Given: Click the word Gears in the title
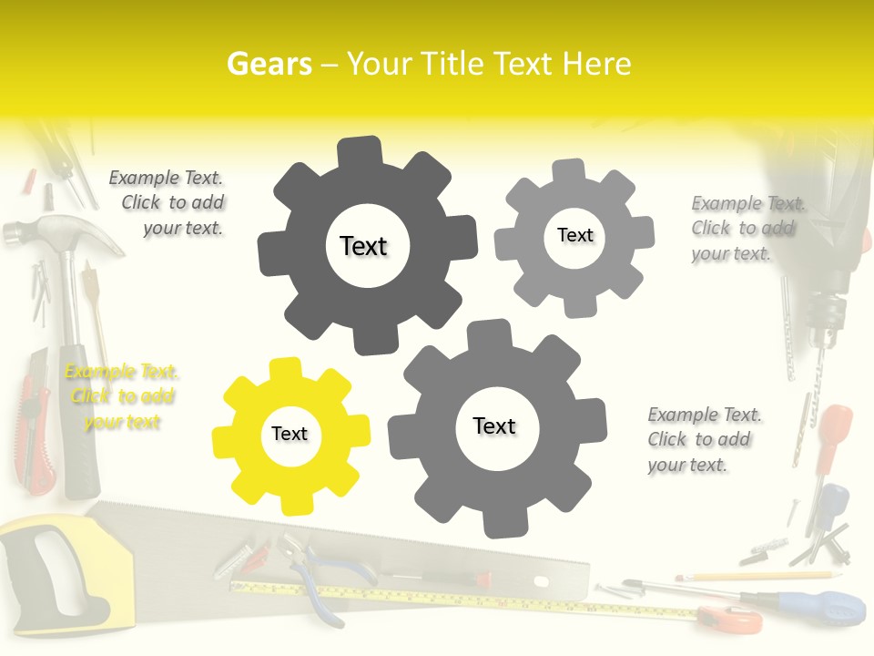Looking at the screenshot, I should (269, 64).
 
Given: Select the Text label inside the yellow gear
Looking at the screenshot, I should (290, 435).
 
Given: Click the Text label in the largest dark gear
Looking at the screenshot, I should (363, 246).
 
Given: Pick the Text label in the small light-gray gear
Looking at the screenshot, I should (574, 235).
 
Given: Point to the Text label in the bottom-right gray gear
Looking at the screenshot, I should (494, 425).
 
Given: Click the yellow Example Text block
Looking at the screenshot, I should (122, 397).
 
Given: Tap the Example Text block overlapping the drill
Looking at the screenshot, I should (747, 228).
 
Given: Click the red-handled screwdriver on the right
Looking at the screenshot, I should (830, 437).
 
